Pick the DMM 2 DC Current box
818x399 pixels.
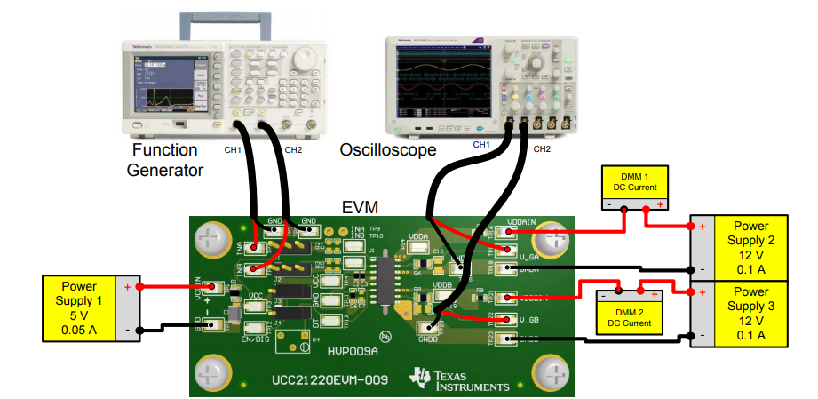630,315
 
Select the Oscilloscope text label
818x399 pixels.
388,150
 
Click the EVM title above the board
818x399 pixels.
361,208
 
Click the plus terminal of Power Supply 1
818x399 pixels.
127,288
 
